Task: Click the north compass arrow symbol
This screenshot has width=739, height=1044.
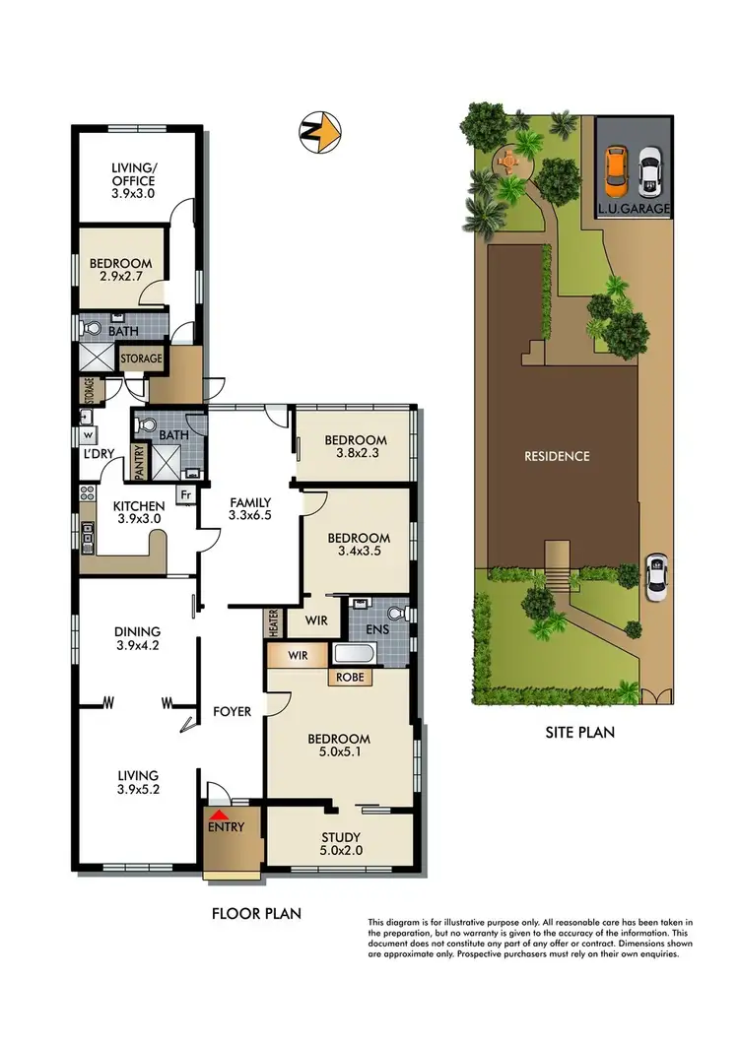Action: coord(320,130)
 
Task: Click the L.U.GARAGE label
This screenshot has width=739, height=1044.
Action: coord(635,209)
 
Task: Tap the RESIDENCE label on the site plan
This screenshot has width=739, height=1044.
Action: coord(558,456)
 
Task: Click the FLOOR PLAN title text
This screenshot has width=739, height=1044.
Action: coord(257,913)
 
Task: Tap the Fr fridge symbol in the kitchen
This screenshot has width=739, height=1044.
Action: coord(184,495)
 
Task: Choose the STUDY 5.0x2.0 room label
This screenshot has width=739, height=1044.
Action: coord(340,844)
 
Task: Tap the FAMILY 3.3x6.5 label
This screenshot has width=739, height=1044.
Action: coord(248,507)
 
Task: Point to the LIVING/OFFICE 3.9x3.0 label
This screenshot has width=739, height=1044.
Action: coord(133,181)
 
